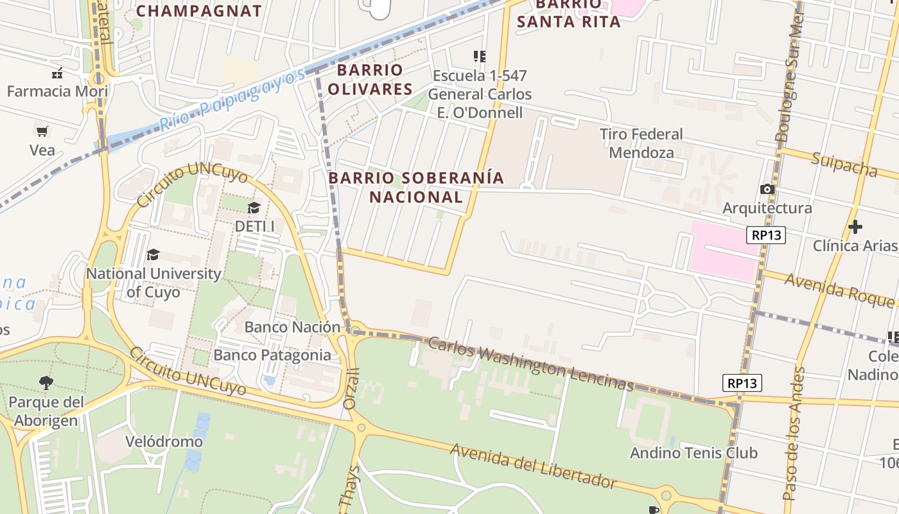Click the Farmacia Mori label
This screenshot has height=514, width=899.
click(x=57, y=91)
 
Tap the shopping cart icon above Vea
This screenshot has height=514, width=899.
click(x=42, y=131)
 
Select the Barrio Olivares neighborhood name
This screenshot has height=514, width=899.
click(x=371, y=79)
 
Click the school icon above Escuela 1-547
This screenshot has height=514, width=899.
click(x=480, y=57)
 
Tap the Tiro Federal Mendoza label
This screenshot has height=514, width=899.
click(x=641, y=143)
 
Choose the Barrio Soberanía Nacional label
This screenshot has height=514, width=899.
click(x=416, y=186)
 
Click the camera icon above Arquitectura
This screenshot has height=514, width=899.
click(x=767, y=189)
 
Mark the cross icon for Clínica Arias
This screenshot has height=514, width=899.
click(x=855, y=227)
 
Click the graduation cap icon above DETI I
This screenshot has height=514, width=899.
click(x=254, y=207)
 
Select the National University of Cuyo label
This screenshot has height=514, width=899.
click(x=153, y=283)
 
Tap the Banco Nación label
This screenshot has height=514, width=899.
click(x=292, y=327)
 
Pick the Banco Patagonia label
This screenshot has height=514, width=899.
click(x=272, y=355)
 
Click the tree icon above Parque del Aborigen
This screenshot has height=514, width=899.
click(x=46, y=384)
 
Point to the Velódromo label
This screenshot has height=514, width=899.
click(x=164, y=441)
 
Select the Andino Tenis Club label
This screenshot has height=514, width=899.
click(x=694, y=453)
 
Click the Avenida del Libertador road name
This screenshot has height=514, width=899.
click(x=533, y=465)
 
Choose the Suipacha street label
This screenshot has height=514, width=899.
click(x=844, y=164)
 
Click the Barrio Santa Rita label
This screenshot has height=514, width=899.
click(x=568, y=14)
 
